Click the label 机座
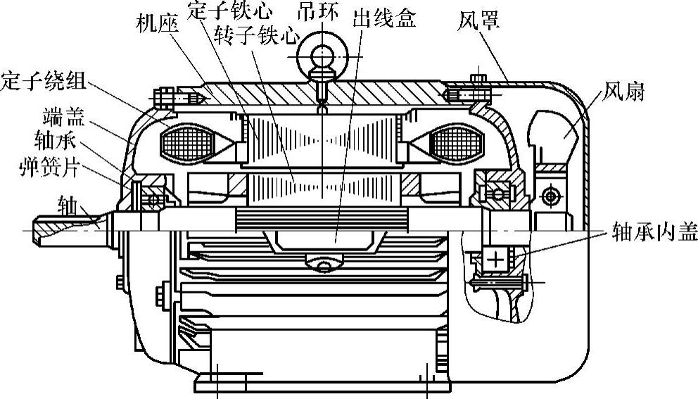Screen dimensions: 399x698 (158, 25)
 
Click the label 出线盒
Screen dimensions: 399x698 (384, 18)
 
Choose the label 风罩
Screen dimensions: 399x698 (478, 21)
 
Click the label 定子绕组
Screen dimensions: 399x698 (44, 80)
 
